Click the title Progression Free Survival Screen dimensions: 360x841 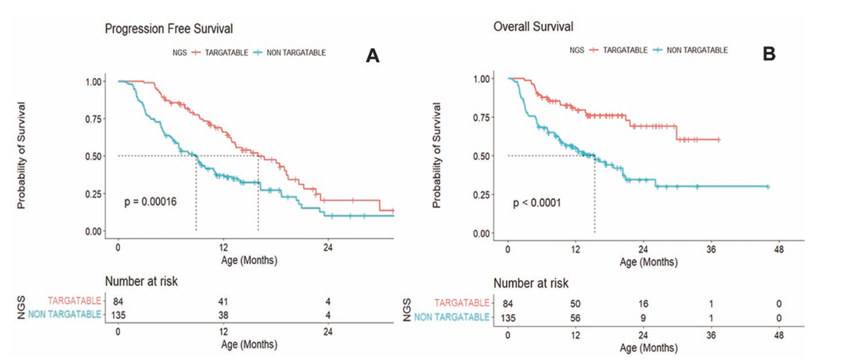coord(168,28)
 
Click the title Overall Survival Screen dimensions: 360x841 coord(533,27)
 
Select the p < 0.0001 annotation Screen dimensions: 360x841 coord(537,203)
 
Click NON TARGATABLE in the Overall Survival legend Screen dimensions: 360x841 coord(697,50)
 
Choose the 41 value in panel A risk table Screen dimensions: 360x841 coord(223,301)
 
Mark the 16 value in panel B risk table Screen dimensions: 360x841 coord(642,303)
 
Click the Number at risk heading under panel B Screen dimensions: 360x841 coord(531,283)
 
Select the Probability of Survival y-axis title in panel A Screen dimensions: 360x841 coord(22,156)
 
